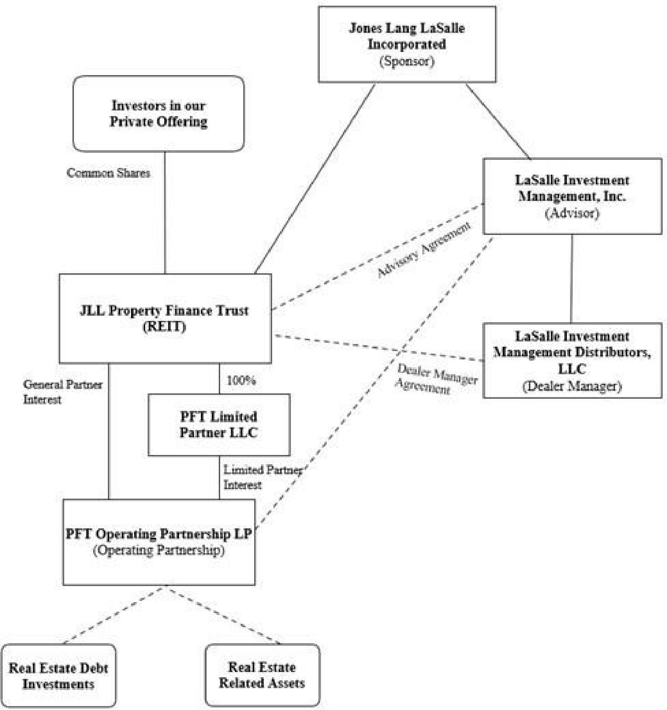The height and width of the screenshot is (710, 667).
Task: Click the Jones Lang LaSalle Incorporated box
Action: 407,44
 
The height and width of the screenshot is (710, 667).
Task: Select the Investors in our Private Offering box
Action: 159,114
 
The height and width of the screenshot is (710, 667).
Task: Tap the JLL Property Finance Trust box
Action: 165,318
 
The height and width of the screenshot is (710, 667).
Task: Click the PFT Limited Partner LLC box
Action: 219,425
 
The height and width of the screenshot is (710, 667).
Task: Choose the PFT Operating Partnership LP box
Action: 159,542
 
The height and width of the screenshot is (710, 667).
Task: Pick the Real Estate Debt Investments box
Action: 59,676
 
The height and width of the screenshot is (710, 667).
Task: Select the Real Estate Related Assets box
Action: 262,675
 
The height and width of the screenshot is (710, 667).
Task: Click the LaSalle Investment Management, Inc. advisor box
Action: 572,196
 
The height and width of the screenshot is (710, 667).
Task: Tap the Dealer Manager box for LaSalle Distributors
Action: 572,360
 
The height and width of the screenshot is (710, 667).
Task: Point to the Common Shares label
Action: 108,173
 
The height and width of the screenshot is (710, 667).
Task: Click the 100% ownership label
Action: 241,380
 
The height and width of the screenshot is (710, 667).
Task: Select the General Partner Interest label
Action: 62,392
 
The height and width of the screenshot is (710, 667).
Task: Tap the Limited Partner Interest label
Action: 263,477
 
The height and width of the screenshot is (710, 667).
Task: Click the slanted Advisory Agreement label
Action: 424,249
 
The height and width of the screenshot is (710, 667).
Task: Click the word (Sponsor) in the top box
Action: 407,61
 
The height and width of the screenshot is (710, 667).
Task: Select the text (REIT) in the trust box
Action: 165,327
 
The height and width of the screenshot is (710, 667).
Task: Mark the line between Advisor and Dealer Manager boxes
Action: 572,279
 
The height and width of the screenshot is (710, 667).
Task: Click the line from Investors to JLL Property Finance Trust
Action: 165,213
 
